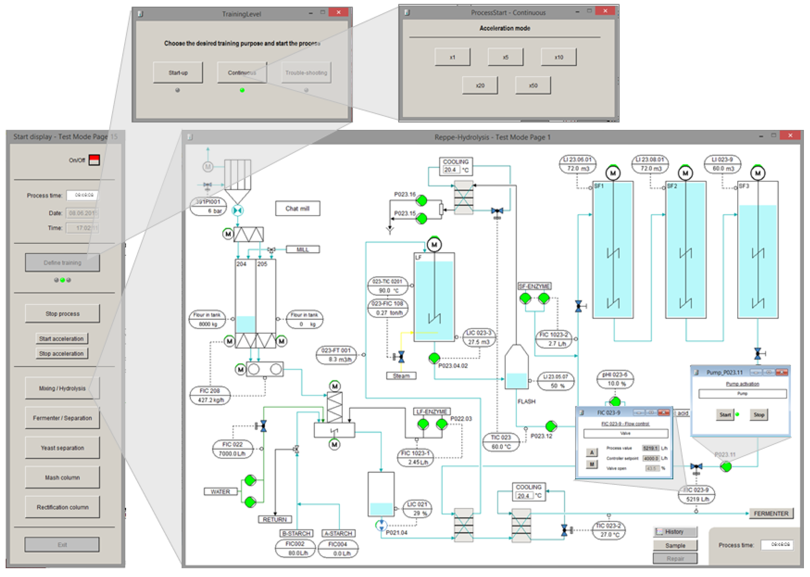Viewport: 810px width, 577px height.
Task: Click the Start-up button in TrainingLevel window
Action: click(x=178, y=73)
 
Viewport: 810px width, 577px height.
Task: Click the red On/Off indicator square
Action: click(x=94, y=160)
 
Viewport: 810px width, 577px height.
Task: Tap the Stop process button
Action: click(x=63, y=313)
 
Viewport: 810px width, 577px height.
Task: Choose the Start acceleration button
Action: click(x=62, y=339)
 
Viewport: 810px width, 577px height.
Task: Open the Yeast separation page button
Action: click(x=63, y=448)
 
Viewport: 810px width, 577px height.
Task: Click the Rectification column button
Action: click(x=63, y=507)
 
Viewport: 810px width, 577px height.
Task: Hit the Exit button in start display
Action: click(x=62, y=544)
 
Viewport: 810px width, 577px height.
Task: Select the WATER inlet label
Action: click(x=220, y=491)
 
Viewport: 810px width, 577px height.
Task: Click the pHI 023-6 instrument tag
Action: click(x=615, y=379)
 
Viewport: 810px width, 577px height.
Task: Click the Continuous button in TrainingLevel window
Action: click(x=242, y=73)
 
